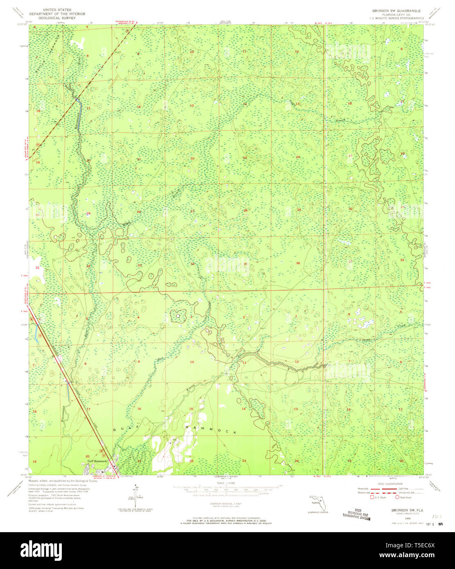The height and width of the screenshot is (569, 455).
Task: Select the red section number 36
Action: pos(298,263)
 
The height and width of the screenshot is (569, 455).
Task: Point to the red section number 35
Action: pos(245,264)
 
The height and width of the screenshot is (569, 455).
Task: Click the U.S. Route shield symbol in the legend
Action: pos(372,498)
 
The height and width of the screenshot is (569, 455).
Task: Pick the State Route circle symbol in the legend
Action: pos(397,498)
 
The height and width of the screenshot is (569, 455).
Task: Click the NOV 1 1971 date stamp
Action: pos(434,524)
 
